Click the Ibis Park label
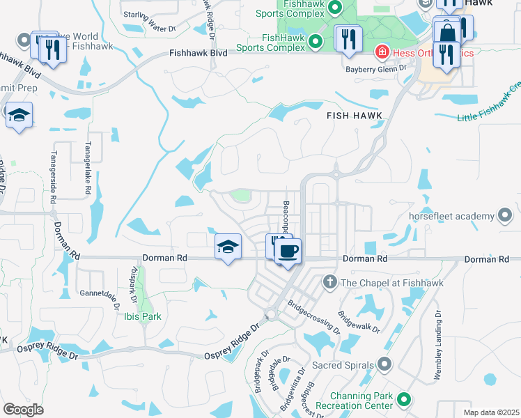[x=143, y=316]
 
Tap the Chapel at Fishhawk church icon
[x=329, y=282]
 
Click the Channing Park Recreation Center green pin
[x=404, y=401]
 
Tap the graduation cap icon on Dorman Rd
[x=228, y=247]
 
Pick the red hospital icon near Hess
[x=381, y=53]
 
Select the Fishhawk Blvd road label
[x=199, y=53]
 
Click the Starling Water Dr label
[x=150, y=21]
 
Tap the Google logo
[x=23, y=410]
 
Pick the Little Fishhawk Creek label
[x=490, y=104]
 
